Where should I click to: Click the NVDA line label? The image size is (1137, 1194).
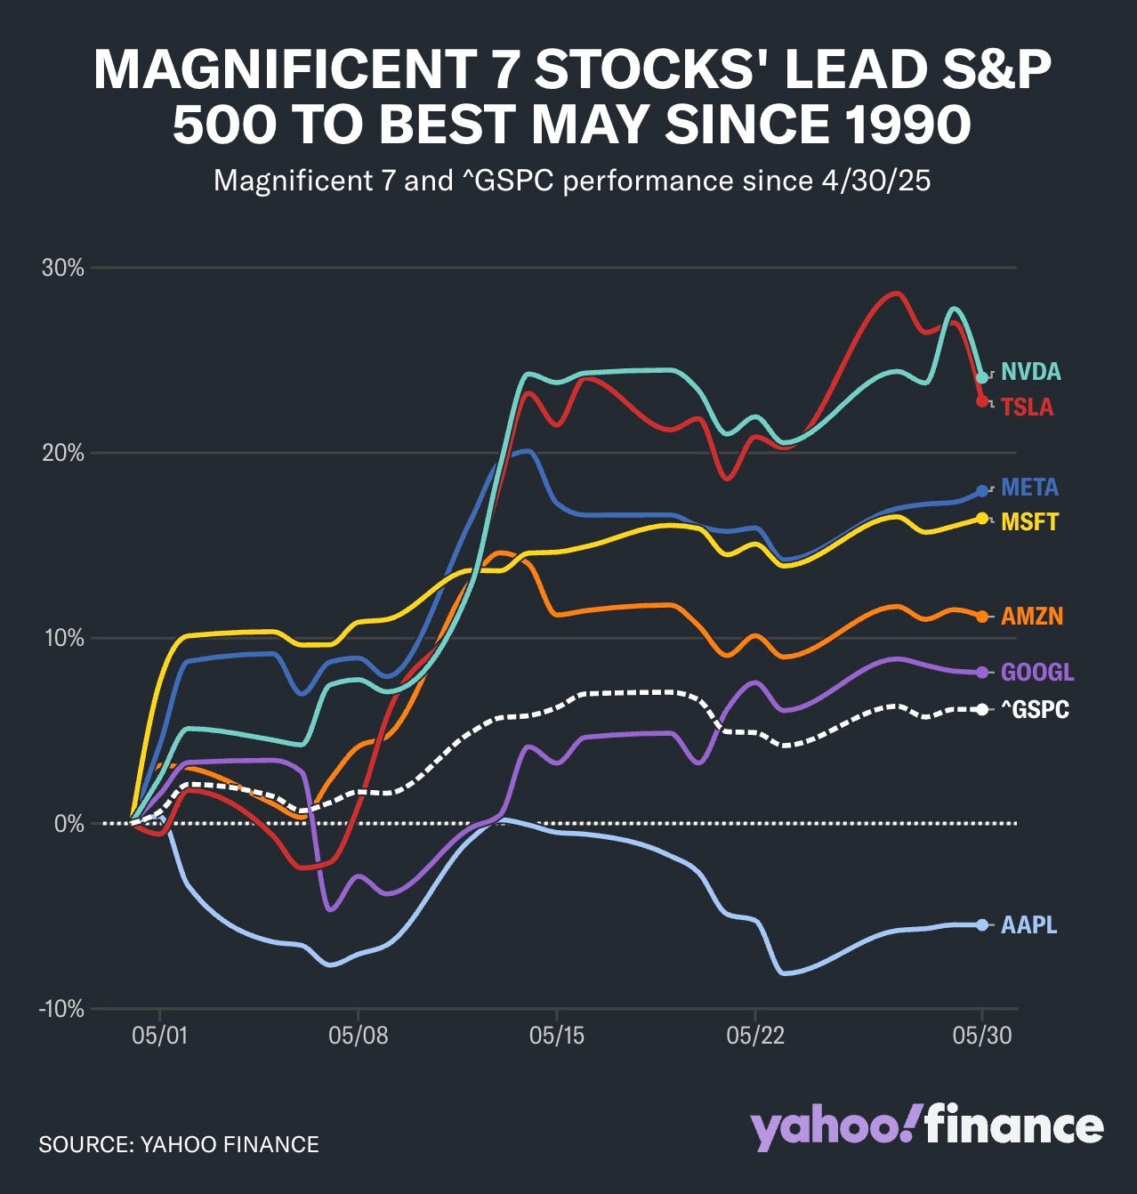[x=1030, y=372]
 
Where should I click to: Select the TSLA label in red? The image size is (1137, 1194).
[x=1027, y=407]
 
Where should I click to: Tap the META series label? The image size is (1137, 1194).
[x=1029, y=488]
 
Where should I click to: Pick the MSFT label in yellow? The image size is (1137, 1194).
[x=1029, y=521]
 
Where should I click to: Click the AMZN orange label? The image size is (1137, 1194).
[x=1032, y=617]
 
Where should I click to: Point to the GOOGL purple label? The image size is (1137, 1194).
[x=1037, y=673]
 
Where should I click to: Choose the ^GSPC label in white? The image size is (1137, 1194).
[x=1035, y=709]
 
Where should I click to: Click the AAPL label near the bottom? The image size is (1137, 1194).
[x=1028, y=925]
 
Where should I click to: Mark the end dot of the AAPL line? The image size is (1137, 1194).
[x=982, y=925]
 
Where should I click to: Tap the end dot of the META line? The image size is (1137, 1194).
[x=982, y=491]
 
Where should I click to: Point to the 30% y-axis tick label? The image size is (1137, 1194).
[x=62, y=268]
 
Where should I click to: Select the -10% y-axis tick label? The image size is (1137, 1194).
[x=61, y=1009]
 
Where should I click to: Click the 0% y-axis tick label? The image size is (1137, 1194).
[x=69, y=824]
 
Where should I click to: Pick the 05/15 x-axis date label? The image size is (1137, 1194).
[x=556, y=1036]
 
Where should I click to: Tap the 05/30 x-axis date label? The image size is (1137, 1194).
[x=982, y=1036]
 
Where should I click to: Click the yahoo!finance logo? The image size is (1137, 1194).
[x=926, y=1128]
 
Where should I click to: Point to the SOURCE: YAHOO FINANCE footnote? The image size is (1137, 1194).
[x=178, y=1144]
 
